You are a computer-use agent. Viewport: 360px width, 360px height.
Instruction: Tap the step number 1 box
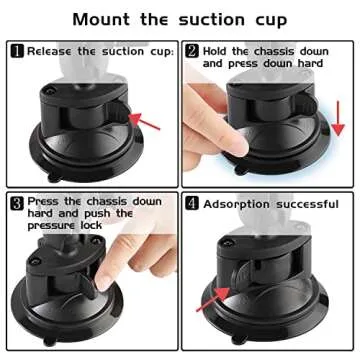[x=17, y=50]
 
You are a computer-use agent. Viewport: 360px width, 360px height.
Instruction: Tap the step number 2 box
[x=192, y=50]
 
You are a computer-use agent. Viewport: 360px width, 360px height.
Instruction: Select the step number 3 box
[x=17, y=201]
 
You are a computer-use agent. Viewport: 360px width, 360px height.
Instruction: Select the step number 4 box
[x=192, y=203]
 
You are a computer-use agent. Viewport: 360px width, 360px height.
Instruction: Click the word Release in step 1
[x=50, y=50]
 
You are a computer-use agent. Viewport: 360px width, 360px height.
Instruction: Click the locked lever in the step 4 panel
[x=250, y=280]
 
